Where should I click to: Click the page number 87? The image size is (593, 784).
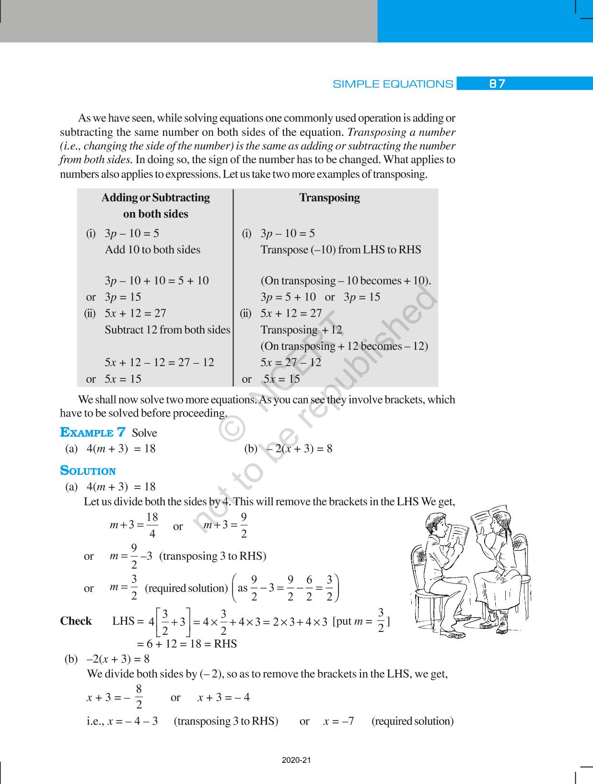tap(497, 84)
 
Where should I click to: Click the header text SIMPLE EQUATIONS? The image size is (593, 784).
tap(393, 84)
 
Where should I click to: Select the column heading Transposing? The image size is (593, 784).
tap(329, 198)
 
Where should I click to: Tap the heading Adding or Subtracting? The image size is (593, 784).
tap(155, 198)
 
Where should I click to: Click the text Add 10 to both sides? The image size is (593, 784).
tap(152, 249)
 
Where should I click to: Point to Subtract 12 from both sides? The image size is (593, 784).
tap(167, 330)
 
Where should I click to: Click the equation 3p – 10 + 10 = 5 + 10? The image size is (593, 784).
tap(157, 281)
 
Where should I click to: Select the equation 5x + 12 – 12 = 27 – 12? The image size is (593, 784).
tap(159, 362)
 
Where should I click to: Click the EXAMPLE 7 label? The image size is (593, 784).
tap(93, 432)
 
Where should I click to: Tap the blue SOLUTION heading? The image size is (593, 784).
tap(88, 471)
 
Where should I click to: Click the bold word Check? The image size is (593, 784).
tap(76, 621)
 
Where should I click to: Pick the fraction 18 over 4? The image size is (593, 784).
tap(152, 525)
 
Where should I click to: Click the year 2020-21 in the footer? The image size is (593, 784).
tap(296, 760)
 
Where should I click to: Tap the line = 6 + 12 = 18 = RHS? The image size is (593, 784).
tap(186, 643)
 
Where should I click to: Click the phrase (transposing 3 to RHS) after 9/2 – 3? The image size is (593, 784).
tap(212, 556)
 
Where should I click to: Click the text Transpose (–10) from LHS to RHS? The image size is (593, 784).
tap(340, 249)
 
